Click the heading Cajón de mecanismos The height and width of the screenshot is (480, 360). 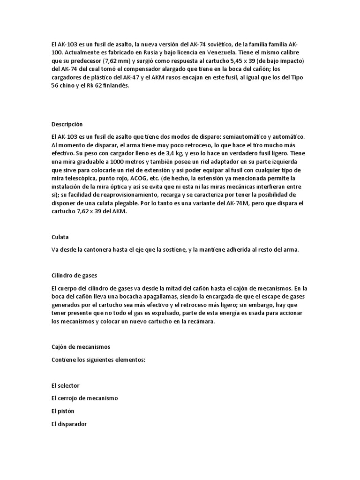80,346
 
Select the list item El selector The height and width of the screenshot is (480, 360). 65,385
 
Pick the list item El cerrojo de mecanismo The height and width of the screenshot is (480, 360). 84,398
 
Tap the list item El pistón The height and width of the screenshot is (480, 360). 63,411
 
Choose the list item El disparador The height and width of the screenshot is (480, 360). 69,424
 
